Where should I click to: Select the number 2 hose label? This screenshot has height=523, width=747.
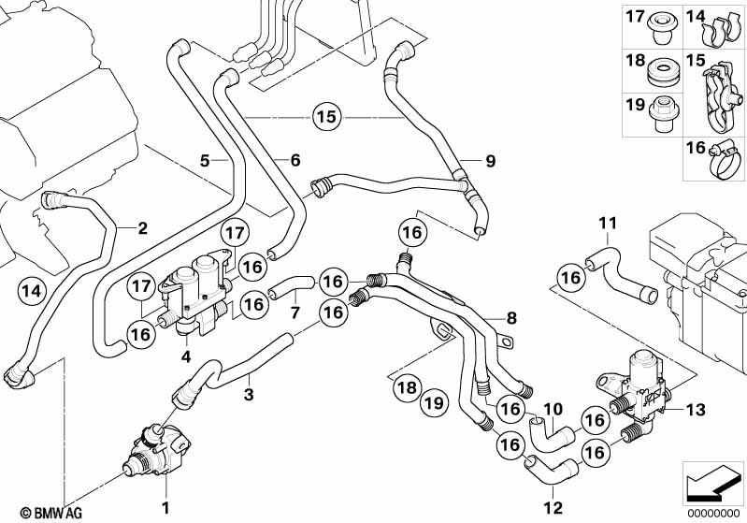coord(142,227)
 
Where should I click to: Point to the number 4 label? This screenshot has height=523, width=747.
coord(186,356)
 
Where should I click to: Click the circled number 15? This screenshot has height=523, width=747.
coord(324,118)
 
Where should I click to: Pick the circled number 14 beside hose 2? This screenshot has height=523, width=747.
coord(32,291)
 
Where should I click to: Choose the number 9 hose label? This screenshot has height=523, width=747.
coord(488,161)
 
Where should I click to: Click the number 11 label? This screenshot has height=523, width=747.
coord(609,223)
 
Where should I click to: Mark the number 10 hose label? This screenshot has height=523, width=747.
coord(553,408)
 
